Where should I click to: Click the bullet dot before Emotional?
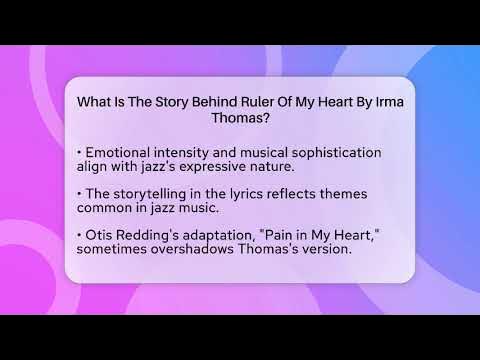78,152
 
